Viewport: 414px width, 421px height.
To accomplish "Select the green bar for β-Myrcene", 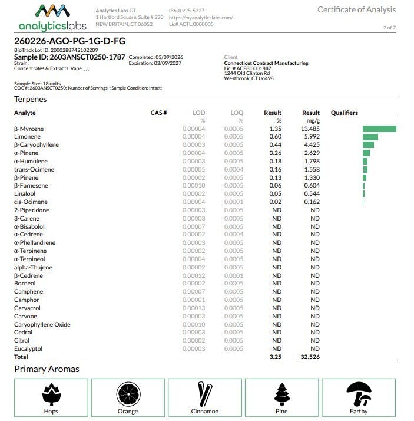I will click(x=379, y=129).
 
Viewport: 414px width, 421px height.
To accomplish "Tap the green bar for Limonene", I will click(x=370, y=137).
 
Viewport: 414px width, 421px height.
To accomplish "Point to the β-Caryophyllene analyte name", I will click(x=36, y=145).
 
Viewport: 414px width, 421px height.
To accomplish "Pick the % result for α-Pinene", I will click(x=275, y=153).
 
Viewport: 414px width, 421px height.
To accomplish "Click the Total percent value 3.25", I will click(x=275, y=357).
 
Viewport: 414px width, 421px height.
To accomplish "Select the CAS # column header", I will click(x=159, y=113).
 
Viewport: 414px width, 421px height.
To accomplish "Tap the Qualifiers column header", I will click(x=344, y=113).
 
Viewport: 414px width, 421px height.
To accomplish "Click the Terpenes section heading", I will click(x=31, y=99).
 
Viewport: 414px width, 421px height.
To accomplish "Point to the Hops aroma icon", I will click(x=51, y=393).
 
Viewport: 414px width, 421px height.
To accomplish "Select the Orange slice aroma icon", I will click(x=128, y=393).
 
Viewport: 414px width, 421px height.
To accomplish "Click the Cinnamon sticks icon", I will click(x=205, y=393).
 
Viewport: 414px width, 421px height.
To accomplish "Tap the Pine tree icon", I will click(x=282, y=393).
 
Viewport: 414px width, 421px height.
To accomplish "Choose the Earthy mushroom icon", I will click(x=359, y=393).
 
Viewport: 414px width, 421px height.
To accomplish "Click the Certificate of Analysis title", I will click(x=356, y=9).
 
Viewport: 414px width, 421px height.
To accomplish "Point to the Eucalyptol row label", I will click(x=28, y=349).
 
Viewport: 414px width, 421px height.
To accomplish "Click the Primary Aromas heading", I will click(x=47, y=369).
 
